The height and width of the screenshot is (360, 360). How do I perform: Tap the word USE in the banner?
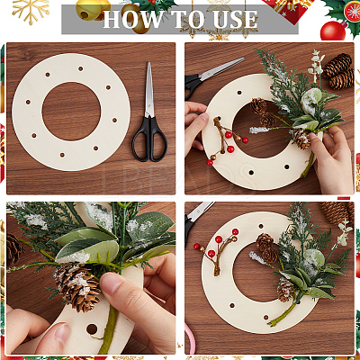tap(236, 20)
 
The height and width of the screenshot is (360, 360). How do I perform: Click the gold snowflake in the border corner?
tap(31, 11)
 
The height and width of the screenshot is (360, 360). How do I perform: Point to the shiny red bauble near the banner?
tap(333, 31)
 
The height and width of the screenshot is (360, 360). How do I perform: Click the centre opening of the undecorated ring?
tap(71, 112)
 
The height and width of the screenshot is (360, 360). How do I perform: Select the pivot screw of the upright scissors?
tap(148, 114)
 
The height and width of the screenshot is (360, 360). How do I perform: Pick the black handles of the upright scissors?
tap(149, 139)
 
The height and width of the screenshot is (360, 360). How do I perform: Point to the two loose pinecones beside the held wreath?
tap(339, 72)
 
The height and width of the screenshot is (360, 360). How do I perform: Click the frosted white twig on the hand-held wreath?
tap(259, 130)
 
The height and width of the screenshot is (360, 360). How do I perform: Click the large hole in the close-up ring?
tap(92, 329)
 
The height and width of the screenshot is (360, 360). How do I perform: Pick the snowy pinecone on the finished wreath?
tap(284, 289)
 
